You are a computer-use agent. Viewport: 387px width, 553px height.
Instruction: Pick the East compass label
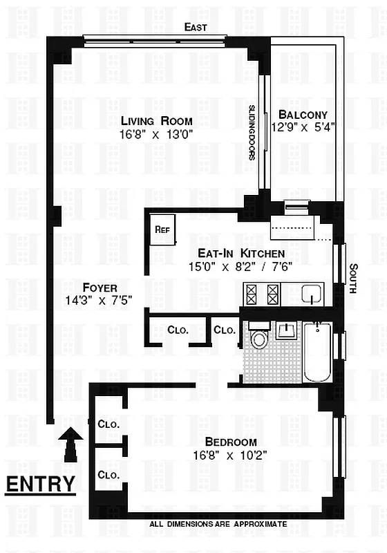(x=196, y=27)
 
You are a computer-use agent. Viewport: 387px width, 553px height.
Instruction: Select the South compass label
(x=353, y=278)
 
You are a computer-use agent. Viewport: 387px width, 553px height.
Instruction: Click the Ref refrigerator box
(x=162, y=229)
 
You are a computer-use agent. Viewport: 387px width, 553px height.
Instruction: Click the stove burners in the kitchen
(x=262, y=294)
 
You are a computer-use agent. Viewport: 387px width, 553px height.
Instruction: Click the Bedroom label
(x=231, y=442)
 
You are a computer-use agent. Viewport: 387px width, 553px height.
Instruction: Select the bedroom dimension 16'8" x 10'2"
(x=231, y=455)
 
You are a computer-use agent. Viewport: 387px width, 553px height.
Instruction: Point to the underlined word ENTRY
(x=40, y=484)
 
